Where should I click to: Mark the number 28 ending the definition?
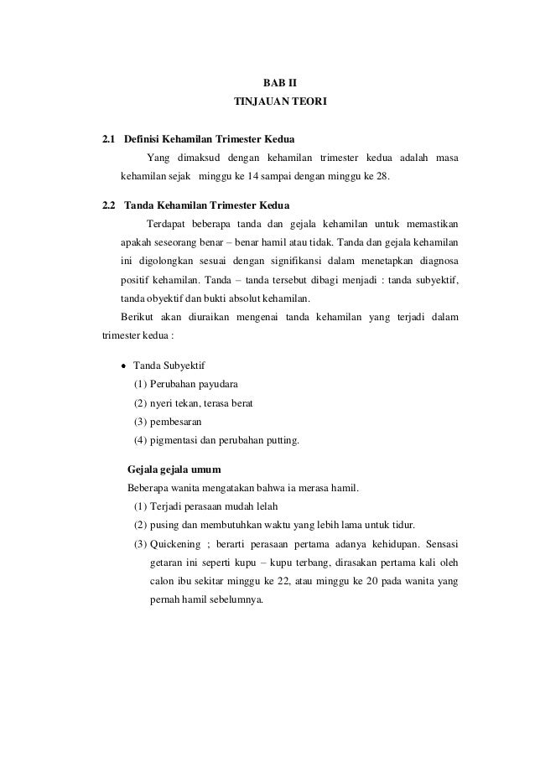[x=383, y=178]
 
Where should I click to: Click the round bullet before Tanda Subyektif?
[x=123, y=366]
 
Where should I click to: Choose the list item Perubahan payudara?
[x=193, y=384]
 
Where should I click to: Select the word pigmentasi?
[x=176, y=439]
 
